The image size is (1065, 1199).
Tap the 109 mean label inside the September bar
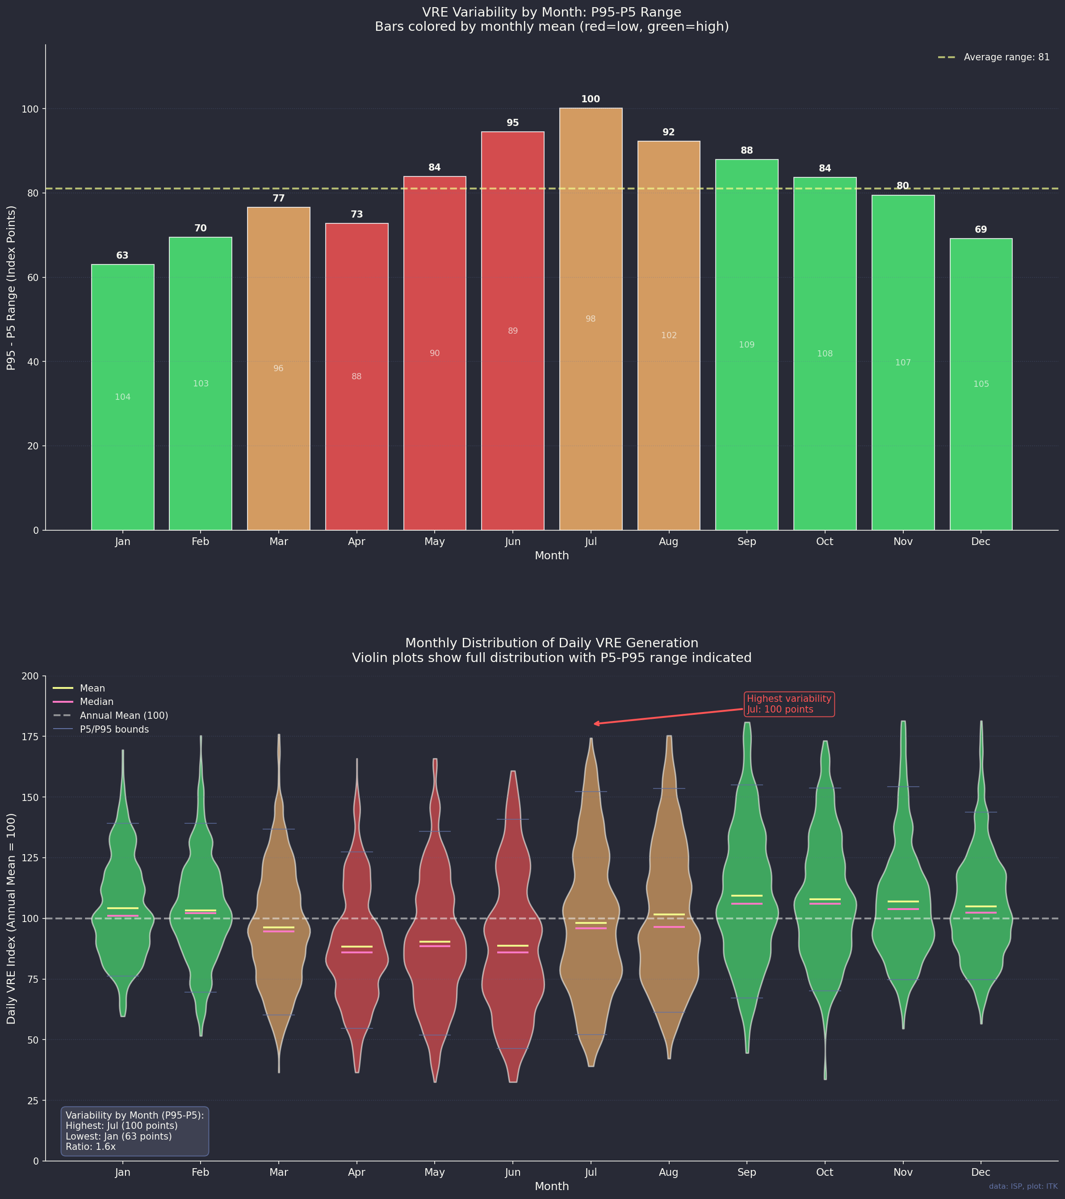(746, 345)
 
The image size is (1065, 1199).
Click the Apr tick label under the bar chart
(356, 542)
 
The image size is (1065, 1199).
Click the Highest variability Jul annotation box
(789, 704)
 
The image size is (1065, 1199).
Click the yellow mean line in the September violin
(746, 896)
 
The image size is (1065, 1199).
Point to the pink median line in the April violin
(356, 952)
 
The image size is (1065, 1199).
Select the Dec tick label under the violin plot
(981, 1173)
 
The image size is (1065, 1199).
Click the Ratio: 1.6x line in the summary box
(91, 1147)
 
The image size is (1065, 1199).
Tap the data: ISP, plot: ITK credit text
(1023, 1186)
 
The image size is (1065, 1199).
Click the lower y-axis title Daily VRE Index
(12, 918)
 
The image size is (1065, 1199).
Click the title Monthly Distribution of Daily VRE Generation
(551, 643)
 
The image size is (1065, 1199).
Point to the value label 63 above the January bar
(122, 256)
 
